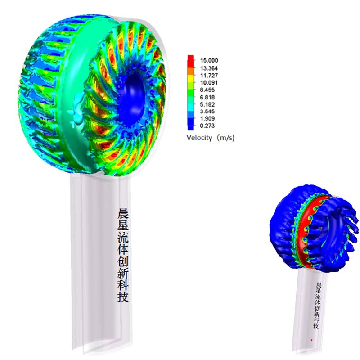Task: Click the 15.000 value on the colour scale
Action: [209, 60]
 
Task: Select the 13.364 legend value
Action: [209, 68]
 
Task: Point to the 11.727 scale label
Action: [209, 76]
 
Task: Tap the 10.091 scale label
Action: [209, 83]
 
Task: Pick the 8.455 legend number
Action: [207, 90]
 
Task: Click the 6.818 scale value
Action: [207, 97]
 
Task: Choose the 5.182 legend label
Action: [207, 104]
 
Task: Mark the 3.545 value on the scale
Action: [207, 111]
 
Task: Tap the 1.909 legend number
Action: [207, 118]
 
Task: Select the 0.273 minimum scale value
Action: [207, 126]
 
